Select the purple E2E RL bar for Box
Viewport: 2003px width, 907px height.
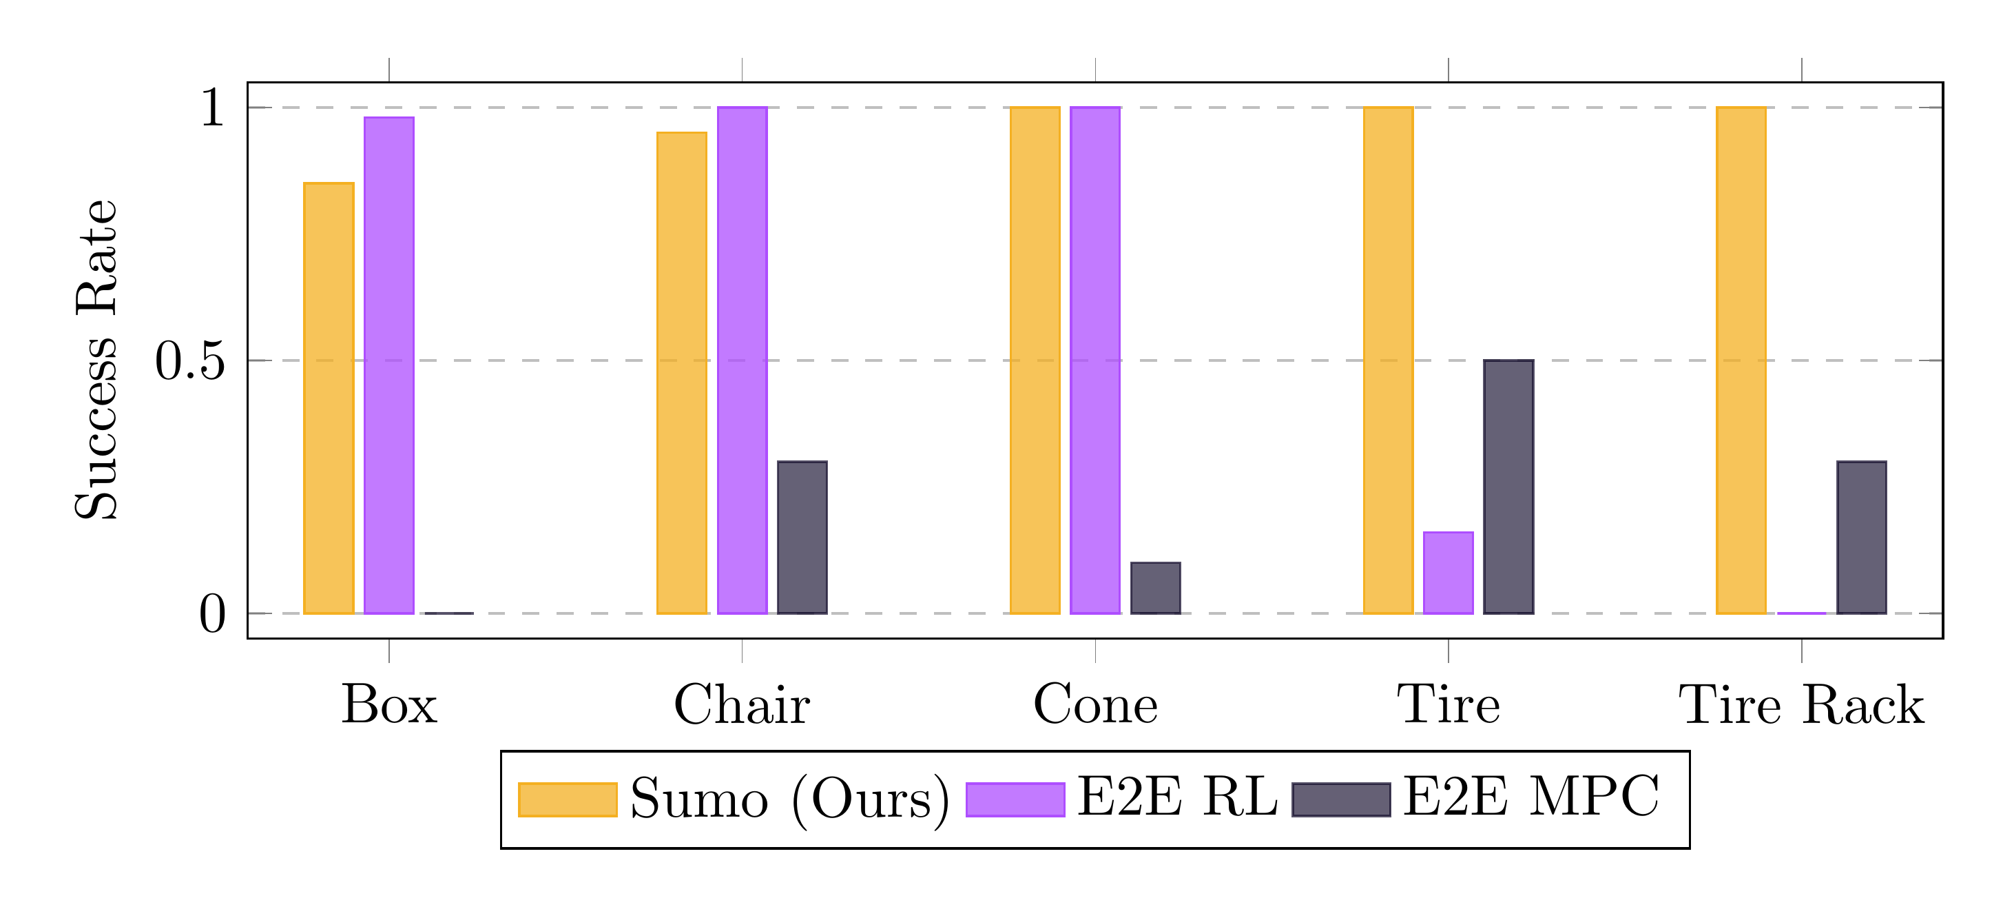388,365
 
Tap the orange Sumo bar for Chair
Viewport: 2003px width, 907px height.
682,374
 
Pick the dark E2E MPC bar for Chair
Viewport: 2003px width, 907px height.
802,538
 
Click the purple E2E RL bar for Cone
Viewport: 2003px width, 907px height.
1094,360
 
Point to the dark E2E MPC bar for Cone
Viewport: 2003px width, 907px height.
1156,588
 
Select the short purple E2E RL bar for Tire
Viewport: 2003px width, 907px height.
1448,573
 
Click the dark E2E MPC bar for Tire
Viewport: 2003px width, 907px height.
1508,487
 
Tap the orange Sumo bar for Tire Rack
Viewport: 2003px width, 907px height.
1741,360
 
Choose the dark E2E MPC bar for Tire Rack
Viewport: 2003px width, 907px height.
1862,538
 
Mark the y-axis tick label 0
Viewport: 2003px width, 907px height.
211,615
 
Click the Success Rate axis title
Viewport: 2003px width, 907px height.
96,359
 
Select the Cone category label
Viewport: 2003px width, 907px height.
1094,705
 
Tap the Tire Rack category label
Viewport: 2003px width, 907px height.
1800,705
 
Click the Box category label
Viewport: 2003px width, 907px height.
388,705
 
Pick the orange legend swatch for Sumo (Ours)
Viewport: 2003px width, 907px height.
568,799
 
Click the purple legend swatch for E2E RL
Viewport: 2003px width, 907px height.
1015,799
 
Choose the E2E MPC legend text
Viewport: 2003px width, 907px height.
1530,798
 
